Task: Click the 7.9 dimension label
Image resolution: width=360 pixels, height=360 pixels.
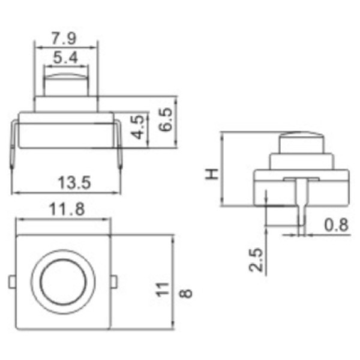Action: [x=64, y=38]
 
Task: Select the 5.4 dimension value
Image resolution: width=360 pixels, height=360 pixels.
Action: [x=65, y=58]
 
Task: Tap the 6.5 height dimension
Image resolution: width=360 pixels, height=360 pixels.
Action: [x=166, y=119]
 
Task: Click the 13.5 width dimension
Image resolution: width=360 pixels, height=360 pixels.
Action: [x=74, y=183]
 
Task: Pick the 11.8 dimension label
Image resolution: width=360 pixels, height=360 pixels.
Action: [x=67, y=209]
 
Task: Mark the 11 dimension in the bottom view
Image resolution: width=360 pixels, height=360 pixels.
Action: [x=163, y=290]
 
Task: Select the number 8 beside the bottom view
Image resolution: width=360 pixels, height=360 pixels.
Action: [x=185, y=293]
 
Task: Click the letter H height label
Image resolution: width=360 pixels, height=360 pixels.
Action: [x=212, y=174]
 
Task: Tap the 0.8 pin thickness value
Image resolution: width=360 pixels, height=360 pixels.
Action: [x=337, y=224]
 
